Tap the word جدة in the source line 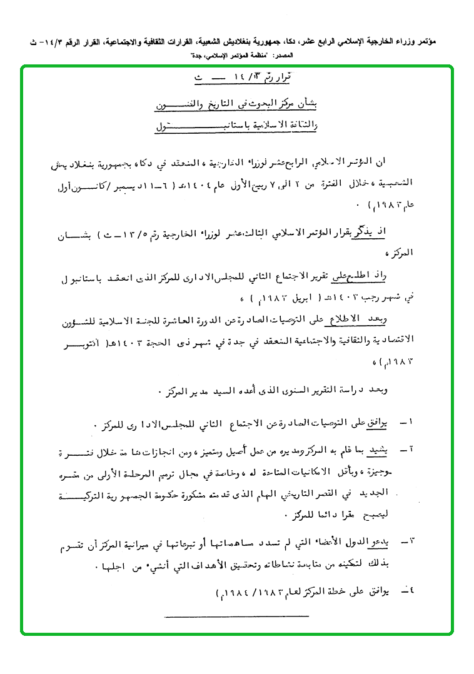pos(199,56)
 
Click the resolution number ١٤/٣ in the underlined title pos(246,80)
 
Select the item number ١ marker pos(407,425)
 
